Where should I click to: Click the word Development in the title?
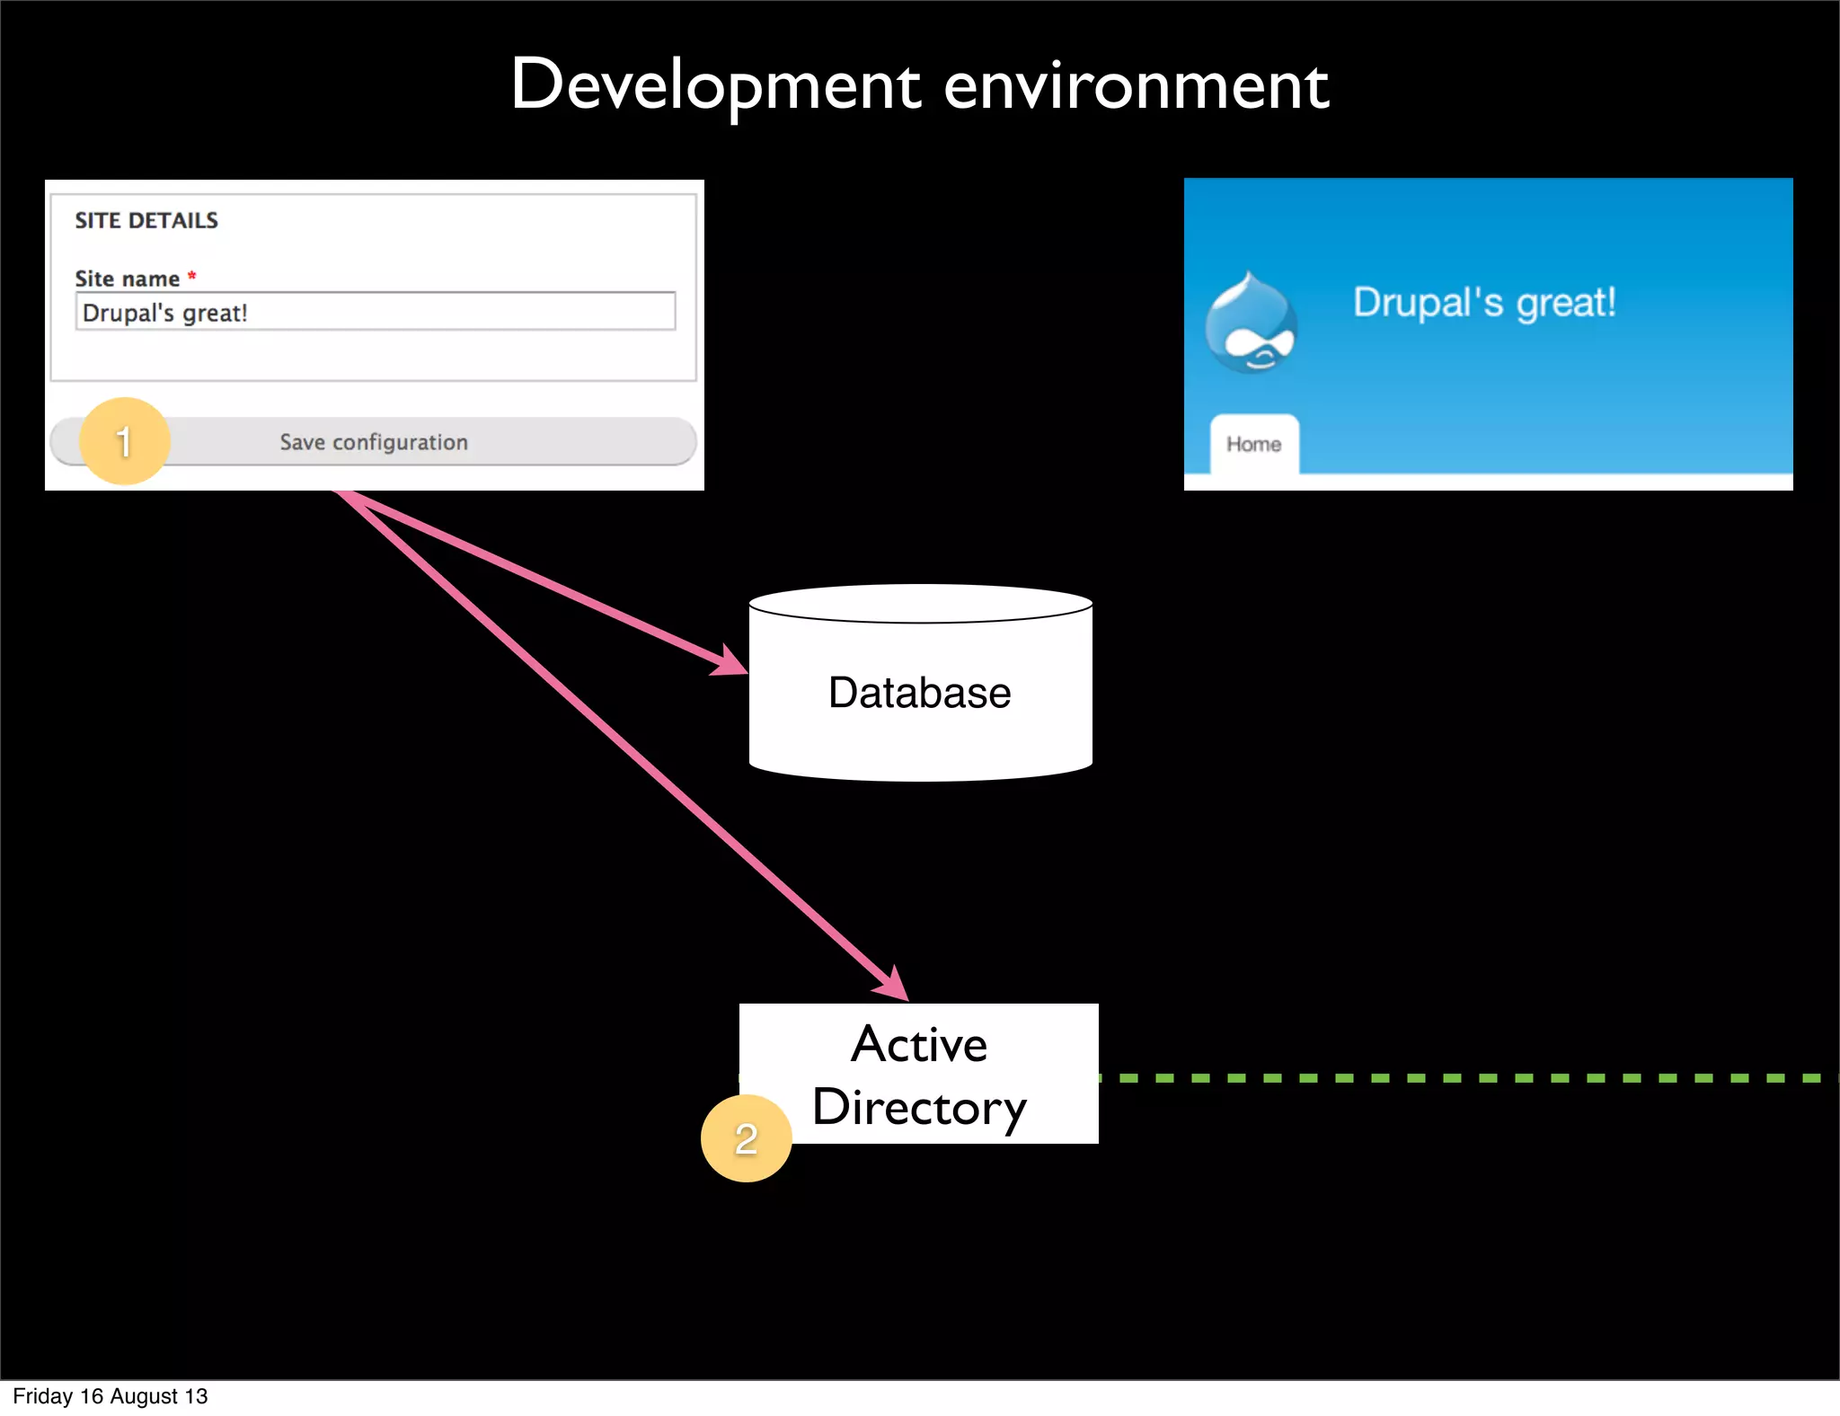click(715, 86)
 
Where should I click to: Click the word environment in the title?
click(1136, 88)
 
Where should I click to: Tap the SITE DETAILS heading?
click(146, 220)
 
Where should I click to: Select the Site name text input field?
click(375, 312)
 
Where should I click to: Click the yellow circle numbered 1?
click(124, 441)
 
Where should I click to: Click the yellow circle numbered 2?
click(746, 1138)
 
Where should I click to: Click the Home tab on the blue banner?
click(1254, 444)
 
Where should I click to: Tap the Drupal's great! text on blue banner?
click(1484, 303)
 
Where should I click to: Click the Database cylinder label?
click(919, 693)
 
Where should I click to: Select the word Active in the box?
click(919, 1044)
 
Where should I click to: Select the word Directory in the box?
click(919, 1107)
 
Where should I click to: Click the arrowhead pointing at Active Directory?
click(892, 985)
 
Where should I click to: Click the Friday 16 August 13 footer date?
click(111, 1396)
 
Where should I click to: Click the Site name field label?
click(128, 279)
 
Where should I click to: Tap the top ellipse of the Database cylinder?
click(920, 604)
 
